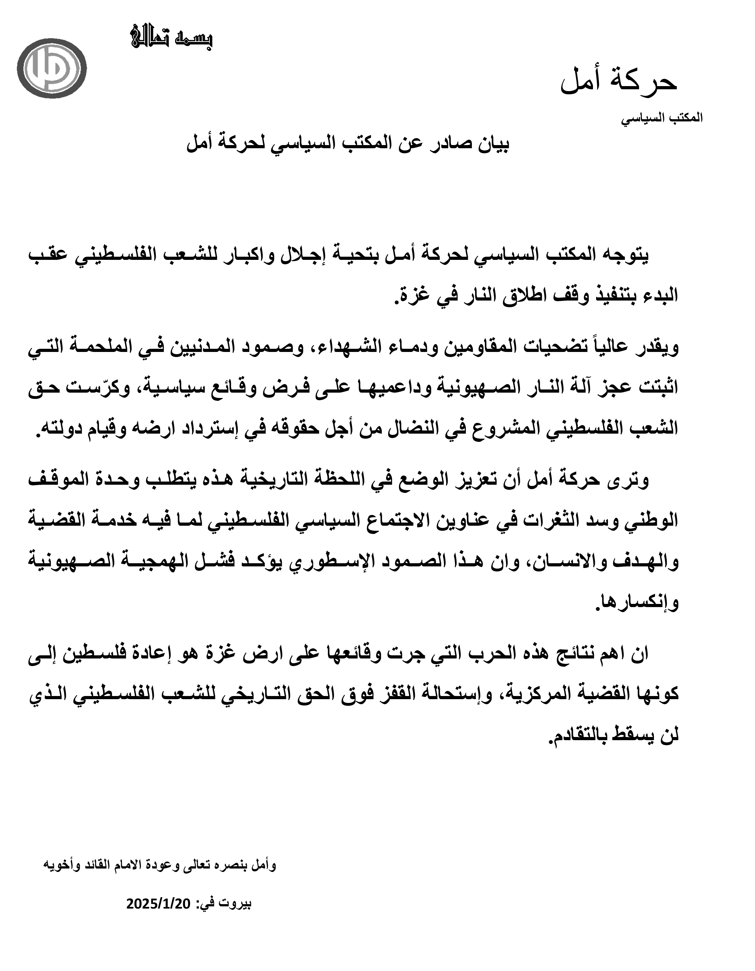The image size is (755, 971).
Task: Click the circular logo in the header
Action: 55,69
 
